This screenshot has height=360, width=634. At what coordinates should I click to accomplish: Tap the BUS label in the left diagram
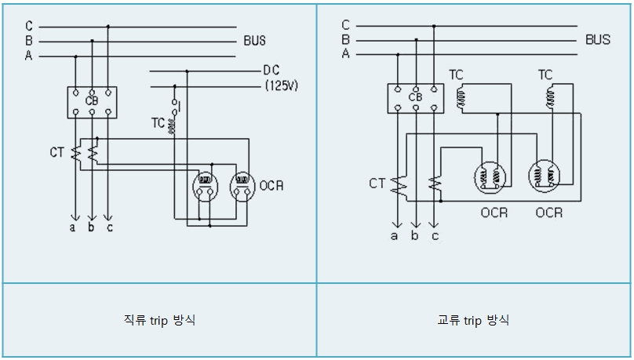point(255,41)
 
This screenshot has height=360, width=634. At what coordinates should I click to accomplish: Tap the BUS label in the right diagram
point(598,39)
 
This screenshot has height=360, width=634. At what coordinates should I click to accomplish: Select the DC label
point(271,71)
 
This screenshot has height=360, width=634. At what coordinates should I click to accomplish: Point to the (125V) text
point(282,85)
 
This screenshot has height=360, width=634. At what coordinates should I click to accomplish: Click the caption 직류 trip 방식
point(160,320)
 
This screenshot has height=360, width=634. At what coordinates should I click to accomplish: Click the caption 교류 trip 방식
point(473,320)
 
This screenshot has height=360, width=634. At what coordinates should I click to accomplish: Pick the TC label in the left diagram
point(158,123)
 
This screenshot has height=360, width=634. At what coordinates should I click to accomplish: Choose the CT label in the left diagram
point(57,152)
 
